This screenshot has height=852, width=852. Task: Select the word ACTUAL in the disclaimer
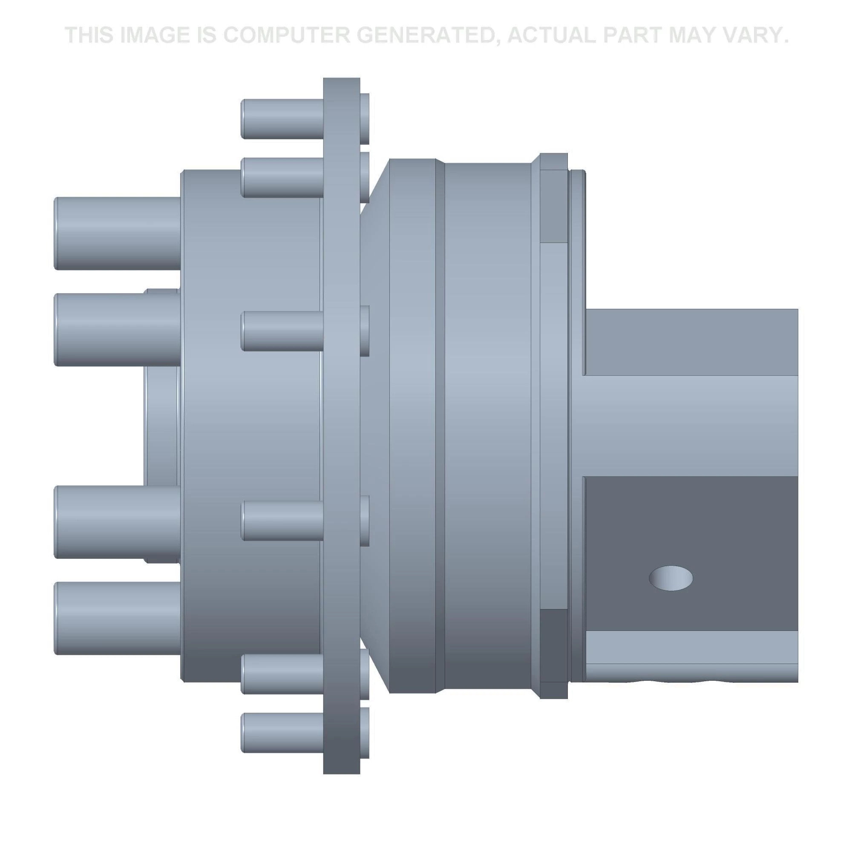(x=551, y=35)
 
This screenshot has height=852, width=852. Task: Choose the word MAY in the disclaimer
(x=693, y=35)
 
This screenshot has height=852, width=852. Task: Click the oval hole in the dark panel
(x=670, y=578)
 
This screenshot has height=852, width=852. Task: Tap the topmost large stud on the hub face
(x=117, y=233)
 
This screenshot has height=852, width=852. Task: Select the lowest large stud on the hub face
(x=117, y=618)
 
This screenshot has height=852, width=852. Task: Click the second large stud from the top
(x=117, y=330)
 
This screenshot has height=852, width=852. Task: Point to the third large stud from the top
(x=117, y=522)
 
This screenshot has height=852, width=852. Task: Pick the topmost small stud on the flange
(x=282, y=119)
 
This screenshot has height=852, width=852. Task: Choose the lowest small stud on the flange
(x=282, y=733)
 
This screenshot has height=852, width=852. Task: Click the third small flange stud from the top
(x=282, y=331)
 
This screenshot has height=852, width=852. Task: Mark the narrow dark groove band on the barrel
(x=440, y=426)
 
